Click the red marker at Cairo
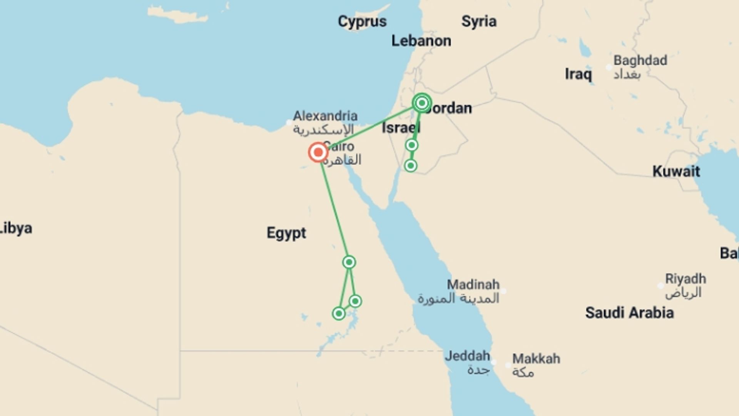pyautogui.click(x=318, y=153)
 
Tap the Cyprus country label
pyautogui.click(x=362, y=22)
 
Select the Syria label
pyautogui.click(x=479, y=22)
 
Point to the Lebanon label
pyautogui.click(x=421, y=41)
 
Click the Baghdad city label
pyautogui.click(x=640, y=60)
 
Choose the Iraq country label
pyautogui.click(x=578, y=74)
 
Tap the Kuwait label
pyautogui.click(x=676, y=171)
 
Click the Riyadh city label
pyautogui.click(x=685, y=279)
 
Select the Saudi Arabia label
pyautogui.click(x=629, y=313)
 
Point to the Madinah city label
pyautogui.click(x=473, y=285)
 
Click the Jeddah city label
pyautogui.click(x=467, y=356)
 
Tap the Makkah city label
pyautogui.click(x=536, y=359)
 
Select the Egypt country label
pyautogui.click(x=286, y=233)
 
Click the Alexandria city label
pyautogui.click(x=325, y=116)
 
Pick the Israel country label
pyautogui.click(x=400, y=128)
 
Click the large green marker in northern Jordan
pyautogui.click(x=422, y=103)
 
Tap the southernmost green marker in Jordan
pyautogui.click(x=411, y=166)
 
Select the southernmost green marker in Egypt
pyautogui.click(x=339, y=314)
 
